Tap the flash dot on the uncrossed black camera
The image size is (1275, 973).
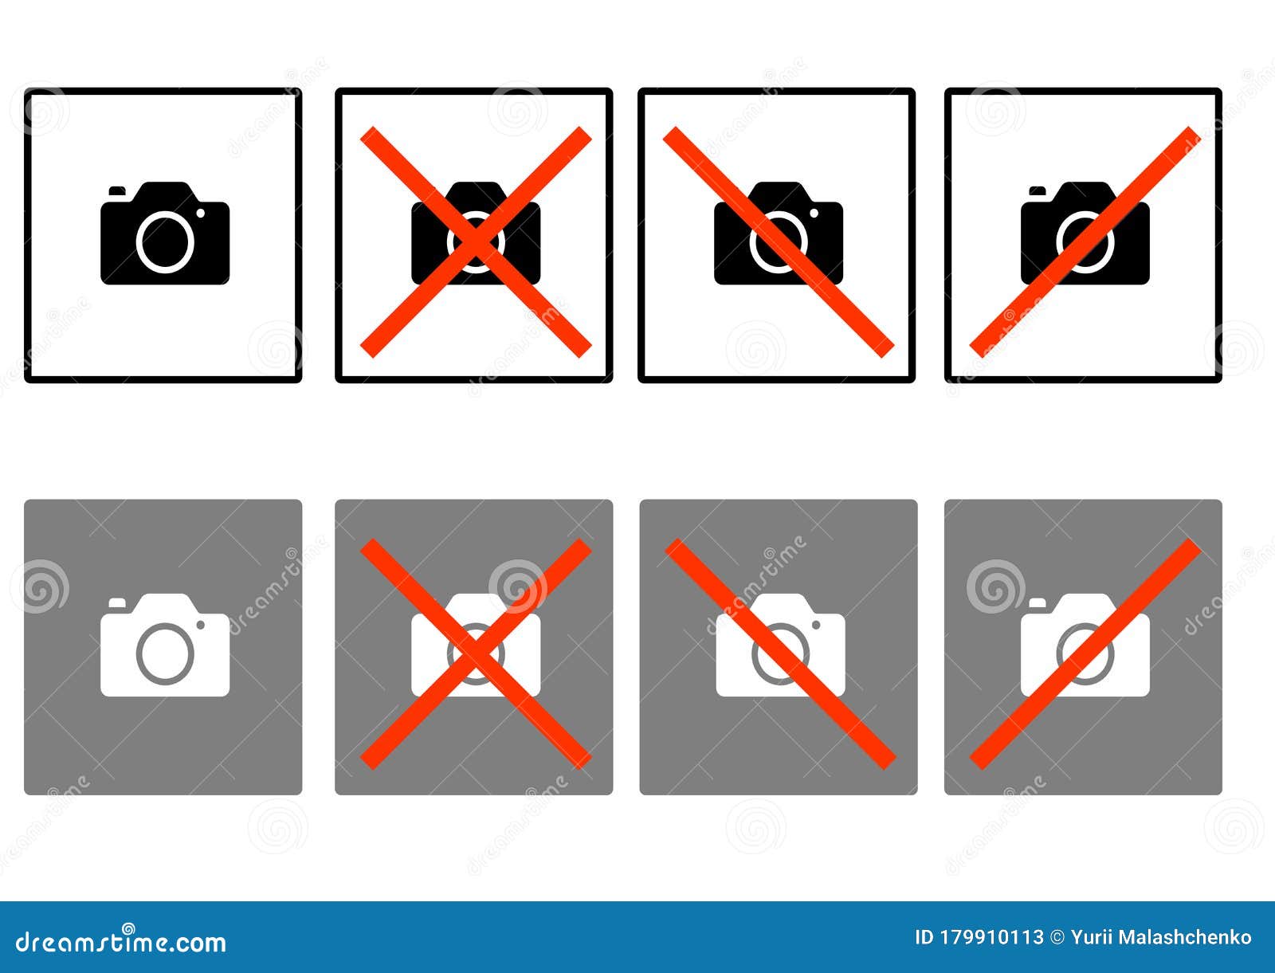(201, 213)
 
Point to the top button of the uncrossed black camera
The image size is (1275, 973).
(117, 190)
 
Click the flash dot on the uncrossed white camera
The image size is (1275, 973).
(201, 625)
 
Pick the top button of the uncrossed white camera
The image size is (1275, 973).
(117, 602)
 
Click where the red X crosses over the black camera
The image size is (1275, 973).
(476, 241)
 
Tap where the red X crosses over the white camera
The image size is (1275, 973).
(476, 653)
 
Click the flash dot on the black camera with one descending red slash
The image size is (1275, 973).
(814, 213)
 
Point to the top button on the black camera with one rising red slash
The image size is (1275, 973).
(1038, 190)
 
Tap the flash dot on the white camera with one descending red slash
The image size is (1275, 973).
(816, 625)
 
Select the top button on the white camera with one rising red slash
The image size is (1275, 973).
(1038, 602)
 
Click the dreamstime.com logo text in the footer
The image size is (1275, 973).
(121, 942)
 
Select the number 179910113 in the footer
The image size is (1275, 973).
(991, 938)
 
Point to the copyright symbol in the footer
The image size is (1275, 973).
(1057, 938)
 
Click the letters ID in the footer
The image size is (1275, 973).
(924, 938)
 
